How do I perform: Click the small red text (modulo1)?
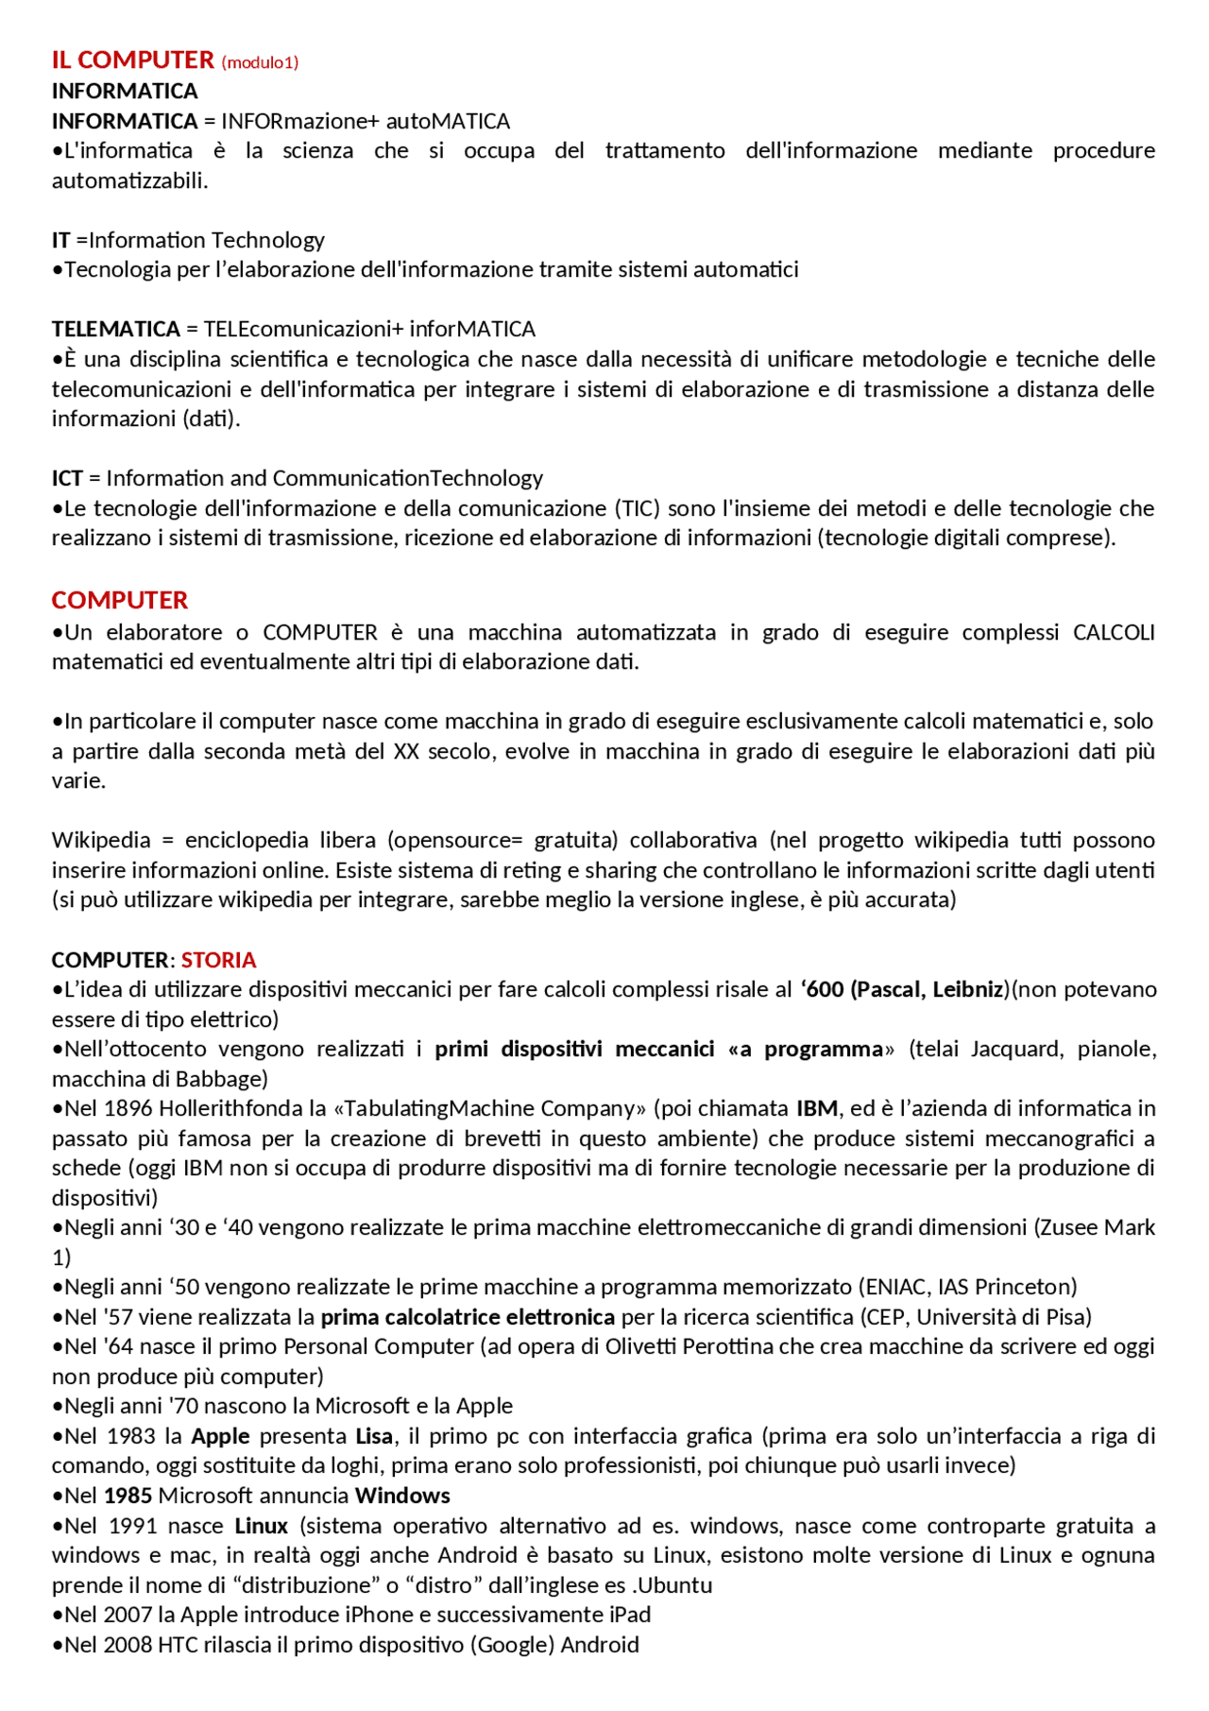click(260, 62)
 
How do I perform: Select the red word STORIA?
click(218, 960)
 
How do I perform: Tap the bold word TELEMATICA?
click(115, 329)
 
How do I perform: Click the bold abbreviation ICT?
click(67, 478)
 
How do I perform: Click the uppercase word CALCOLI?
click(1114, 632)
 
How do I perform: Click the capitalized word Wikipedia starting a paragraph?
click(101, 840)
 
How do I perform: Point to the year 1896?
click(128, 1108)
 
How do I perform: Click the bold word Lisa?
click(374, 1436)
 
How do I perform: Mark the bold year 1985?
click(128, 1496)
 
